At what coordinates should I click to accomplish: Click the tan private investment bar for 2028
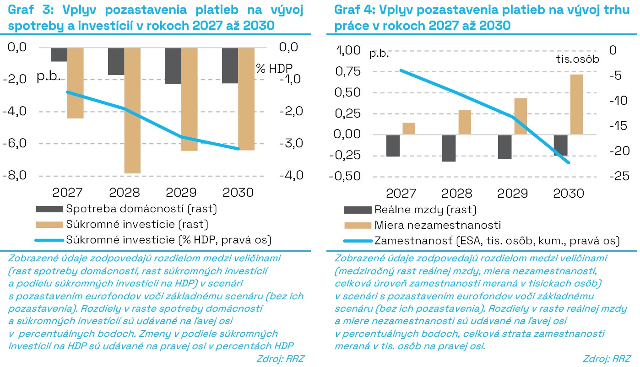click(x=132, y=111)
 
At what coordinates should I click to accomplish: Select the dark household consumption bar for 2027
click(x=59, y=54)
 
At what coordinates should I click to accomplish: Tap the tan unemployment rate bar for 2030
click(x=576, y=104)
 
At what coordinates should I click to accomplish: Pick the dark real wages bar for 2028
click(x=449, y=148)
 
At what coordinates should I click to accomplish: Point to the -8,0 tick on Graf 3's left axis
click(x=15, y=175)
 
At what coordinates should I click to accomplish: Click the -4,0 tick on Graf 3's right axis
click(x=292, y=175)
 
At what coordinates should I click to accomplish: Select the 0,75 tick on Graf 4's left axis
click(x=348, y=71)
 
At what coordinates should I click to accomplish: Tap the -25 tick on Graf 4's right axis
click(x=619, y=176)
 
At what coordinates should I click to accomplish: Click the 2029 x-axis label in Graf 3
click(x=181, y=193)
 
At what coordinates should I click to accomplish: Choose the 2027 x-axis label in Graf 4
click(x=401, y=194)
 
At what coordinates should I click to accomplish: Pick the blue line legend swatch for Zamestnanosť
click(x=358, y=241)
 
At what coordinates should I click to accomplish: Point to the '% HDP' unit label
click(x=274, y=69)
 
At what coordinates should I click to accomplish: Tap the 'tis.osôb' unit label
click(x=577, y=59)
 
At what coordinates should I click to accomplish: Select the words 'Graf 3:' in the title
click(x=31, y=10)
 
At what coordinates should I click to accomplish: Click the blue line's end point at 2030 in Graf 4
click(x=569, y=163)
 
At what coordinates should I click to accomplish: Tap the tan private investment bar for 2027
click(x=76, y=83)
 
